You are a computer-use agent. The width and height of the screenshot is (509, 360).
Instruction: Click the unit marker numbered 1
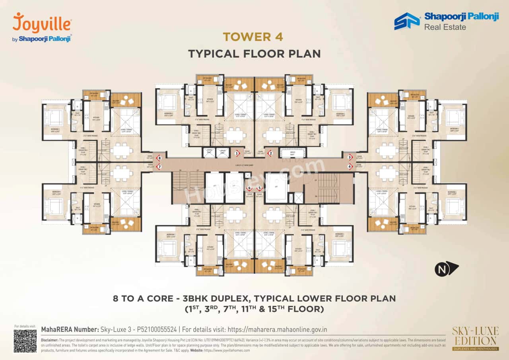[x=237, y=153]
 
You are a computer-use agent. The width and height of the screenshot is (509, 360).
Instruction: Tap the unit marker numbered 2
[x=271, y=153]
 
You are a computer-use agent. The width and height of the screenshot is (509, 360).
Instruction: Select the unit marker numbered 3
[x=350, y=157]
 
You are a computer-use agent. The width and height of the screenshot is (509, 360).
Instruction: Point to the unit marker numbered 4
[x=350, y=167]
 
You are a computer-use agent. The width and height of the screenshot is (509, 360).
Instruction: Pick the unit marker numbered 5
[x=260, y=188]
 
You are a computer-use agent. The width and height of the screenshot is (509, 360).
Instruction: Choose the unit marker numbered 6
[x=250, y=188]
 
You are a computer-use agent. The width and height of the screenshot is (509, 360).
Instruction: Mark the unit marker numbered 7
[x=159, y=167]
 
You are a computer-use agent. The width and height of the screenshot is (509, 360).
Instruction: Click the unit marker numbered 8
[x=159, y=158]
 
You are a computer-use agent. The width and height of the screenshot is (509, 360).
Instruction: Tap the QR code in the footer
[x=25, y=341]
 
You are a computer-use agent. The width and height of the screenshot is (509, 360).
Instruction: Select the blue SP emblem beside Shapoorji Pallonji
[x=407, y=21]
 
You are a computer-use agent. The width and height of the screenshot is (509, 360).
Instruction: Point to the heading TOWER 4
[x=253, y=37]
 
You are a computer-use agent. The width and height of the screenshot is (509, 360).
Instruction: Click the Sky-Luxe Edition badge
[x=475, y=339]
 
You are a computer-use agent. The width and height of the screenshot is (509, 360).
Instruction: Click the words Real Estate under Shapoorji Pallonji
[x=445, y=27]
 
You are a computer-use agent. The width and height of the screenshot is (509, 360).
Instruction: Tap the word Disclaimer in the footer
[x=49, y=340]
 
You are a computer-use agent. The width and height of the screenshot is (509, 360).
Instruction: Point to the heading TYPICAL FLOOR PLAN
[x=254, y=54]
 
